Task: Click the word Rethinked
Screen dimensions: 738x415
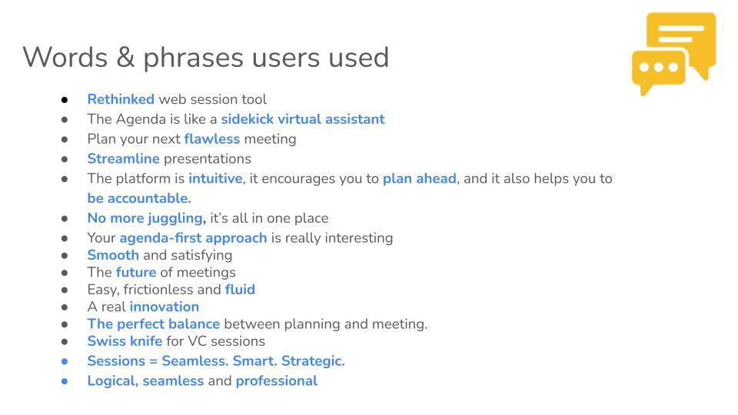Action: click(121, 99)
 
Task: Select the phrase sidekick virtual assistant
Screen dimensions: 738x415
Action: click(303, 119)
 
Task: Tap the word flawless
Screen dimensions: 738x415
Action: click(212, 139)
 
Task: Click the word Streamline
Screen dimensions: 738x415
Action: click(123, 158)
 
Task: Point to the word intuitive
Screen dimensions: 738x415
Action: click(215, 178)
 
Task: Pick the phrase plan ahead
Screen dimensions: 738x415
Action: click(420, 179)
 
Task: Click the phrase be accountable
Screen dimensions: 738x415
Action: click(139, 198)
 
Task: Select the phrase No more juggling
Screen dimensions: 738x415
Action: click(146, 218)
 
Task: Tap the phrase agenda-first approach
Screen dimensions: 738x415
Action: click(193, 238)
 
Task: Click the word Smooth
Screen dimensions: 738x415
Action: click(113, 255)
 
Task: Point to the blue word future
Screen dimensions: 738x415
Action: click(136, 272)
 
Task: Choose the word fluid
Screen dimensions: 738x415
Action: click(240, 290)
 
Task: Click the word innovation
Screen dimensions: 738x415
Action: click(165, 307)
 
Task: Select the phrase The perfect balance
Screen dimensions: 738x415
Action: click(154, 324)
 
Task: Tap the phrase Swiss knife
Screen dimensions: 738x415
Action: click(125, 341)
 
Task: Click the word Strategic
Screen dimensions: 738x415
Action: click(313, 361)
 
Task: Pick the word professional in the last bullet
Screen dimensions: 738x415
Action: click(277, 380)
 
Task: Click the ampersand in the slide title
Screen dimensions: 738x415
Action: click(125, 57)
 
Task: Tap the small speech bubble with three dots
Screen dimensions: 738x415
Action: click(659, 71)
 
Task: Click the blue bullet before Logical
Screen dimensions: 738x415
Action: click(65, 381)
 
